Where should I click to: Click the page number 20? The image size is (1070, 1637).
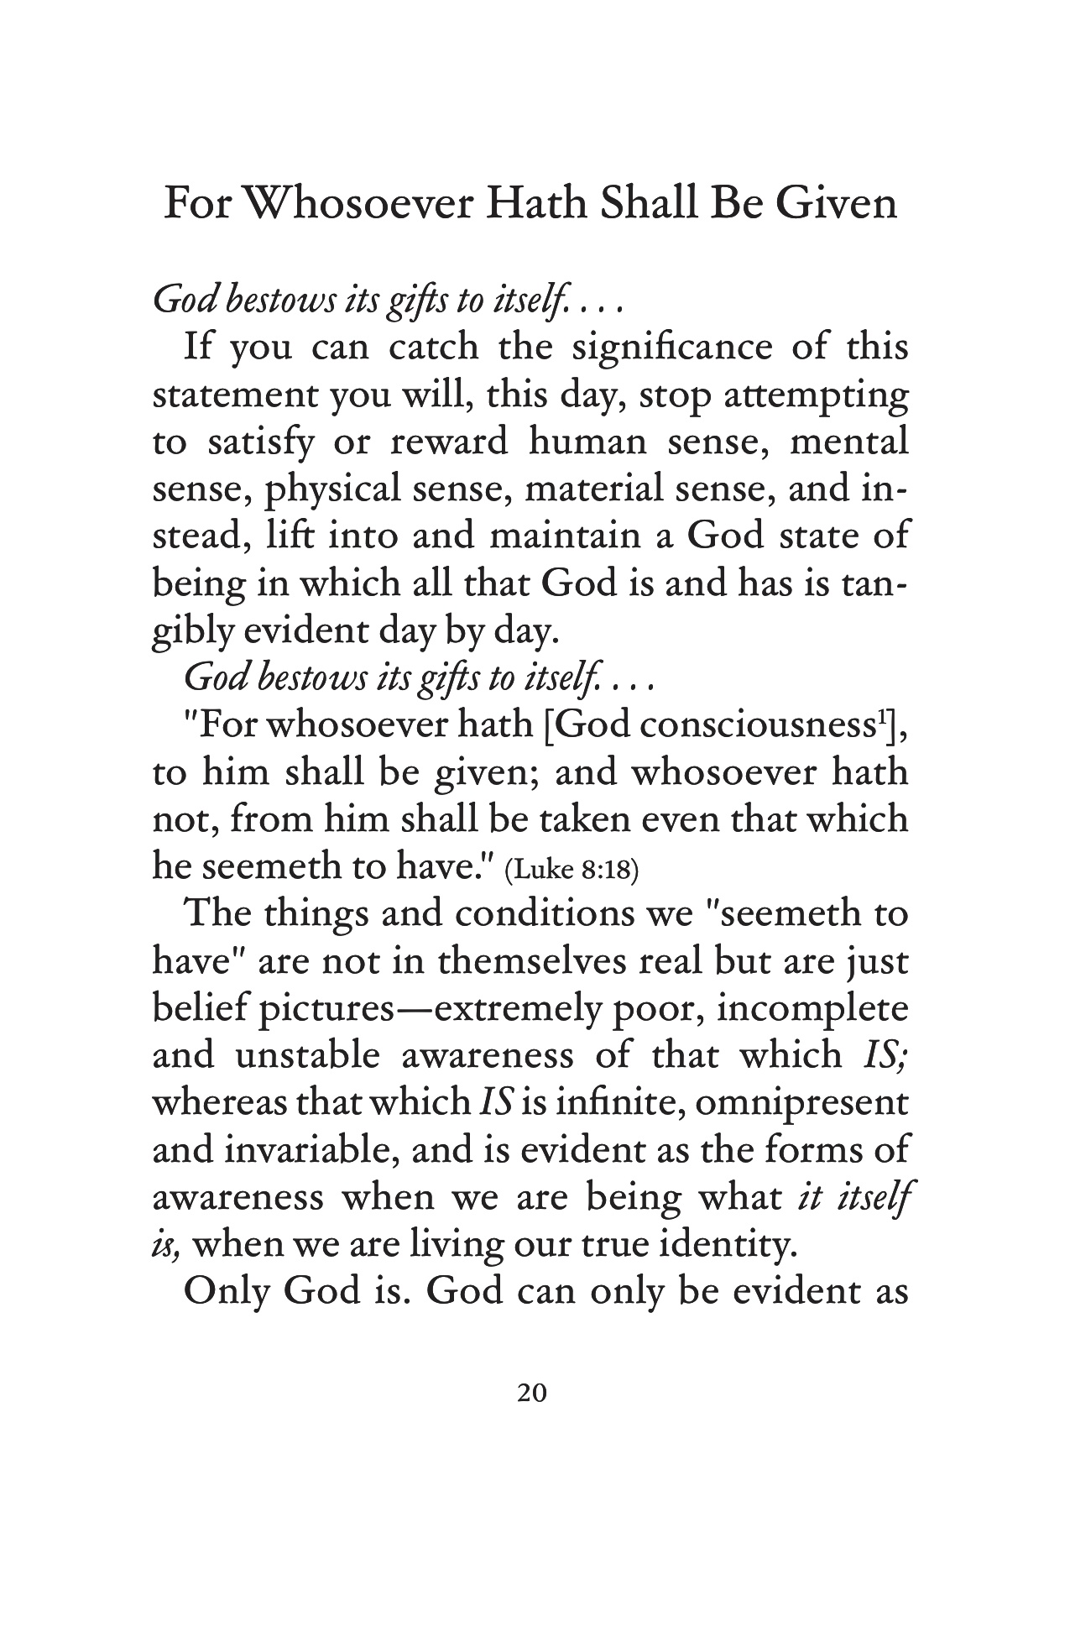pyautogui.click(x=533, y=1394)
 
